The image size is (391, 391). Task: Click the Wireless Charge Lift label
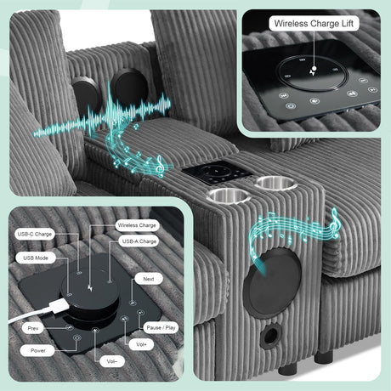pos(314,23)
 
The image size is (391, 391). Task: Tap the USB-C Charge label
pos(35,234)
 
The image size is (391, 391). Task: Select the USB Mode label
pos(36,258)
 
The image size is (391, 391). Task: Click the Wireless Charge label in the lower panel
pos(137,225)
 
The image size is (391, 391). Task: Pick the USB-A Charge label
pos(139,241)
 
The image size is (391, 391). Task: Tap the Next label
pos(149,279)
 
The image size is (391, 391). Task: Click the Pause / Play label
pos(161,327)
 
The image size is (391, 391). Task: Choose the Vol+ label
pos(141,344)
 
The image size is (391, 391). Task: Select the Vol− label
pos(112,361)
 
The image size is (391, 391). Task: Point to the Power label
pos(38,350)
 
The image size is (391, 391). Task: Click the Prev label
pos(33,328)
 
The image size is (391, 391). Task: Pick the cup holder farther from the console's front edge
pos(276,183)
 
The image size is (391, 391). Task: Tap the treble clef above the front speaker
pos(335,223)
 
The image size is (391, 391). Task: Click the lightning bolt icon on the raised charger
pos(90,289)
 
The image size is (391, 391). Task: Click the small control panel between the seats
pos(217,173)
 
